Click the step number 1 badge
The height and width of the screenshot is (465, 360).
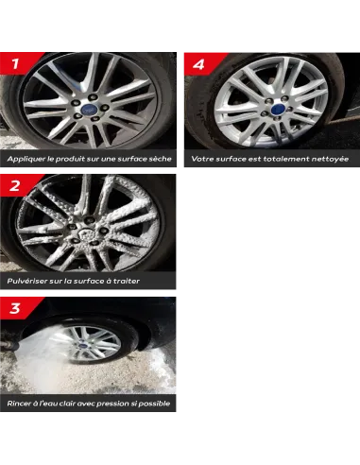[x=16, y=63]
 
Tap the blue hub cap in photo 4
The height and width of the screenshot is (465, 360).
[x=277, y=110]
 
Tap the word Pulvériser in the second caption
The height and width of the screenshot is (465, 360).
[x=27, y=281]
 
